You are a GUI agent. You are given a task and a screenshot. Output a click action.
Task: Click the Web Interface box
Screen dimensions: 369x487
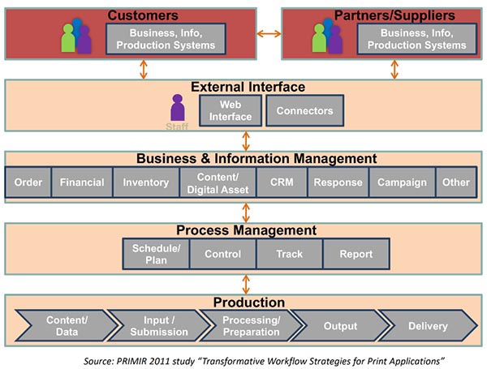231,111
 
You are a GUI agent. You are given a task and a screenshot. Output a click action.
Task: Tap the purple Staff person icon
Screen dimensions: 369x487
178,108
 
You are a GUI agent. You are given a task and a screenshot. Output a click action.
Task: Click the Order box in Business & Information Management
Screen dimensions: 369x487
28,182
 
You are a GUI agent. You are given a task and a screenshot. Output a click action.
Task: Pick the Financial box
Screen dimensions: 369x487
82,182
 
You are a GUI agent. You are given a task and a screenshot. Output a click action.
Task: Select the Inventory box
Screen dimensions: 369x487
145,182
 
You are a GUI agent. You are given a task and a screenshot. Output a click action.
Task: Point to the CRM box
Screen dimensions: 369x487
281,182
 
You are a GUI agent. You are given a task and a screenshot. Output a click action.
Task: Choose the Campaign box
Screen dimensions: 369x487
402,182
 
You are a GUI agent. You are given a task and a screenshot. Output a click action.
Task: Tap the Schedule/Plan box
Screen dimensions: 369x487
156,254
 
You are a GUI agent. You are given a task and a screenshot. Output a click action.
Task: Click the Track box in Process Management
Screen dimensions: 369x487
289,254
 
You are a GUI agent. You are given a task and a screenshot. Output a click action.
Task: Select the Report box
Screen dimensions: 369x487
356,254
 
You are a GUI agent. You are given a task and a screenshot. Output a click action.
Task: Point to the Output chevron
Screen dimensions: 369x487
339,326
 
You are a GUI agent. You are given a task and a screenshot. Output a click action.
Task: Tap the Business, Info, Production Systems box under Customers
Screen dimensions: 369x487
166,39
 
